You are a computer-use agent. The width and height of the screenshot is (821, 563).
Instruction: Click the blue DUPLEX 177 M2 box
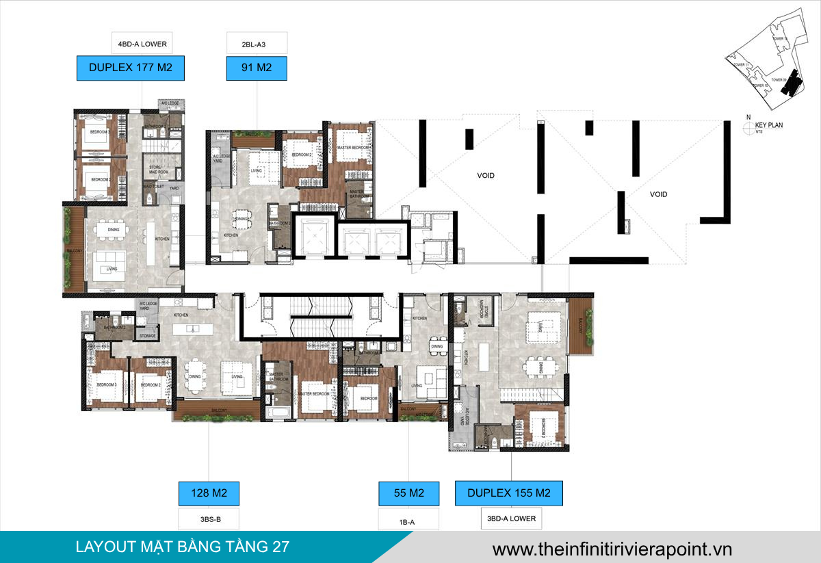[x=131, y=69]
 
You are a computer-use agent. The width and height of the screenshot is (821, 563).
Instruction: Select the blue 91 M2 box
[x=256, y=69]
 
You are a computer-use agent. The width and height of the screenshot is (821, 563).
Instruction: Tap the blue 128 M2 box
[x=209, y=493]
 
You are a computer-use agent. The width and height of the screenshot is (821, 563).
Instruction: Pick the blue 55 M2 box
[x=408, y=493]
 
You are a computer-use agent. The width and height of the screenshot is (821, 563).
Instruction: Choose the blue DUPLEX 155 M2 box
[x=509, y=493]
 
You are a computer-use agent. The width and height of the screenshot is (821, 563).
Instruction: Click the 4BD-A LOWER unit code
[x=142, y=44]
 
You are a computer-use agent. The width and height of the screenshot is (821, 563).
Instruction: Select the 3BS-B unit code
[x=209, y=519]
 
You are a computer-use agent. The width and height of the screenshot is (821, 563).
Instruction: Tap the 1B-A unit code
[x=408, y=522]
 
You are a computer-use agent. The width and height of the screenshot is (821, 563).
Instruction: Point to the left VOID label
[x=486, y=176]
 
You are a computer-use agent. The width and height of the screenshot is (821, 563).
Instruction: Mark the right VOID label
[x=658, y=194]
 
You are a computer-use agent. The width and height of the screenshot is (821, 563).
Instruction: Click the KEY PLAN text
[x=769, y=125]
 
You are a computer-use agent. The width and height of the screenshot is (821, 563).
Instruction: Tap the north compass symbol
[x=748, y=126]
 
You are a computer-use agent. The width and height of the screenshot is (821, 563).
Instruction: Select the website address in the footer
[x=612, y=549]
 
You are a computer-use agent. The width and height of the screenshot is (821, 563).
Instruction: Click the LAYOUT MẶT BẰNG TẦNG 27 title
[x=182, y=547]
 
